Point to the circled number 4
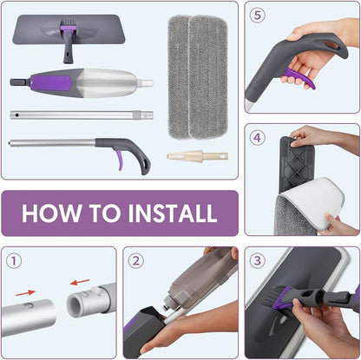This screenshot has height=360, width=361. point(258,137)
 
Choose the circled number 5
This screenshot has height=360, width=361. point(258,16)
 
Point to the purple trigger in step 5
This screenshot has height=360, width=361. point(298,79)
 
